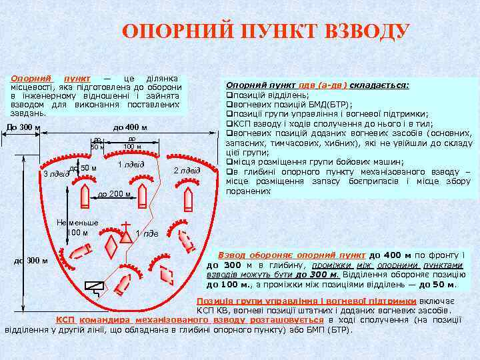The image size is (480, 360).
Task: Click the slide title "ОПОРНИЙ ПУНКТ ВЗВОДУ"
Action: pyautogui.click(x=266, y=32)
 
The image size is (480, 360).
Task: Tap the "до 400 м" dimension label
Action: pyautogui.click(x=130, y=127)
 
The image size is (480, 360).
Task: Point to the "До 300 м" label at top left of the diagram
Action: pyautogui.click(x=23, y=127)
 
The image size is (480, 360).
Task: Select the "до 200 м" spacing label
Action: pyautogui.click(x=114, y=194)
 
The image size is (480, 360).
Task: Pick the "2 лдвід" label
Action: pyautogui.click(x=187, y=171)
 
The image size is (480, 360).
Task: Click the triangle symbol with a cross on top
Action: pyautogui.click(x=125, y=234)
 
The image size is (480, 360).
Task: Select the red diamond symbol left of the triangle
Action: pyautogui.click(x=111, y=246)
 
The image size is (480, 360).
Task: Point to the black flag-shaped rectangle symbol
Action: pyautogui.click(x=94, y=287)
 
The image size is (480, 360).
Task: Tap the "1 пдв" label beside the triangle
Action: pyautogui.click(x=147, y=233)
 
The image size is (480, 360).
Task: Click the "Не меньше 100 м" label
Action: pyautogui.click(x=78, y=227)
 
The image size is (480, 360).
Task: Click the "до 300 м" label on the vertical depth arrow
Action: pyautogui.click(x=31, y=260)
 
